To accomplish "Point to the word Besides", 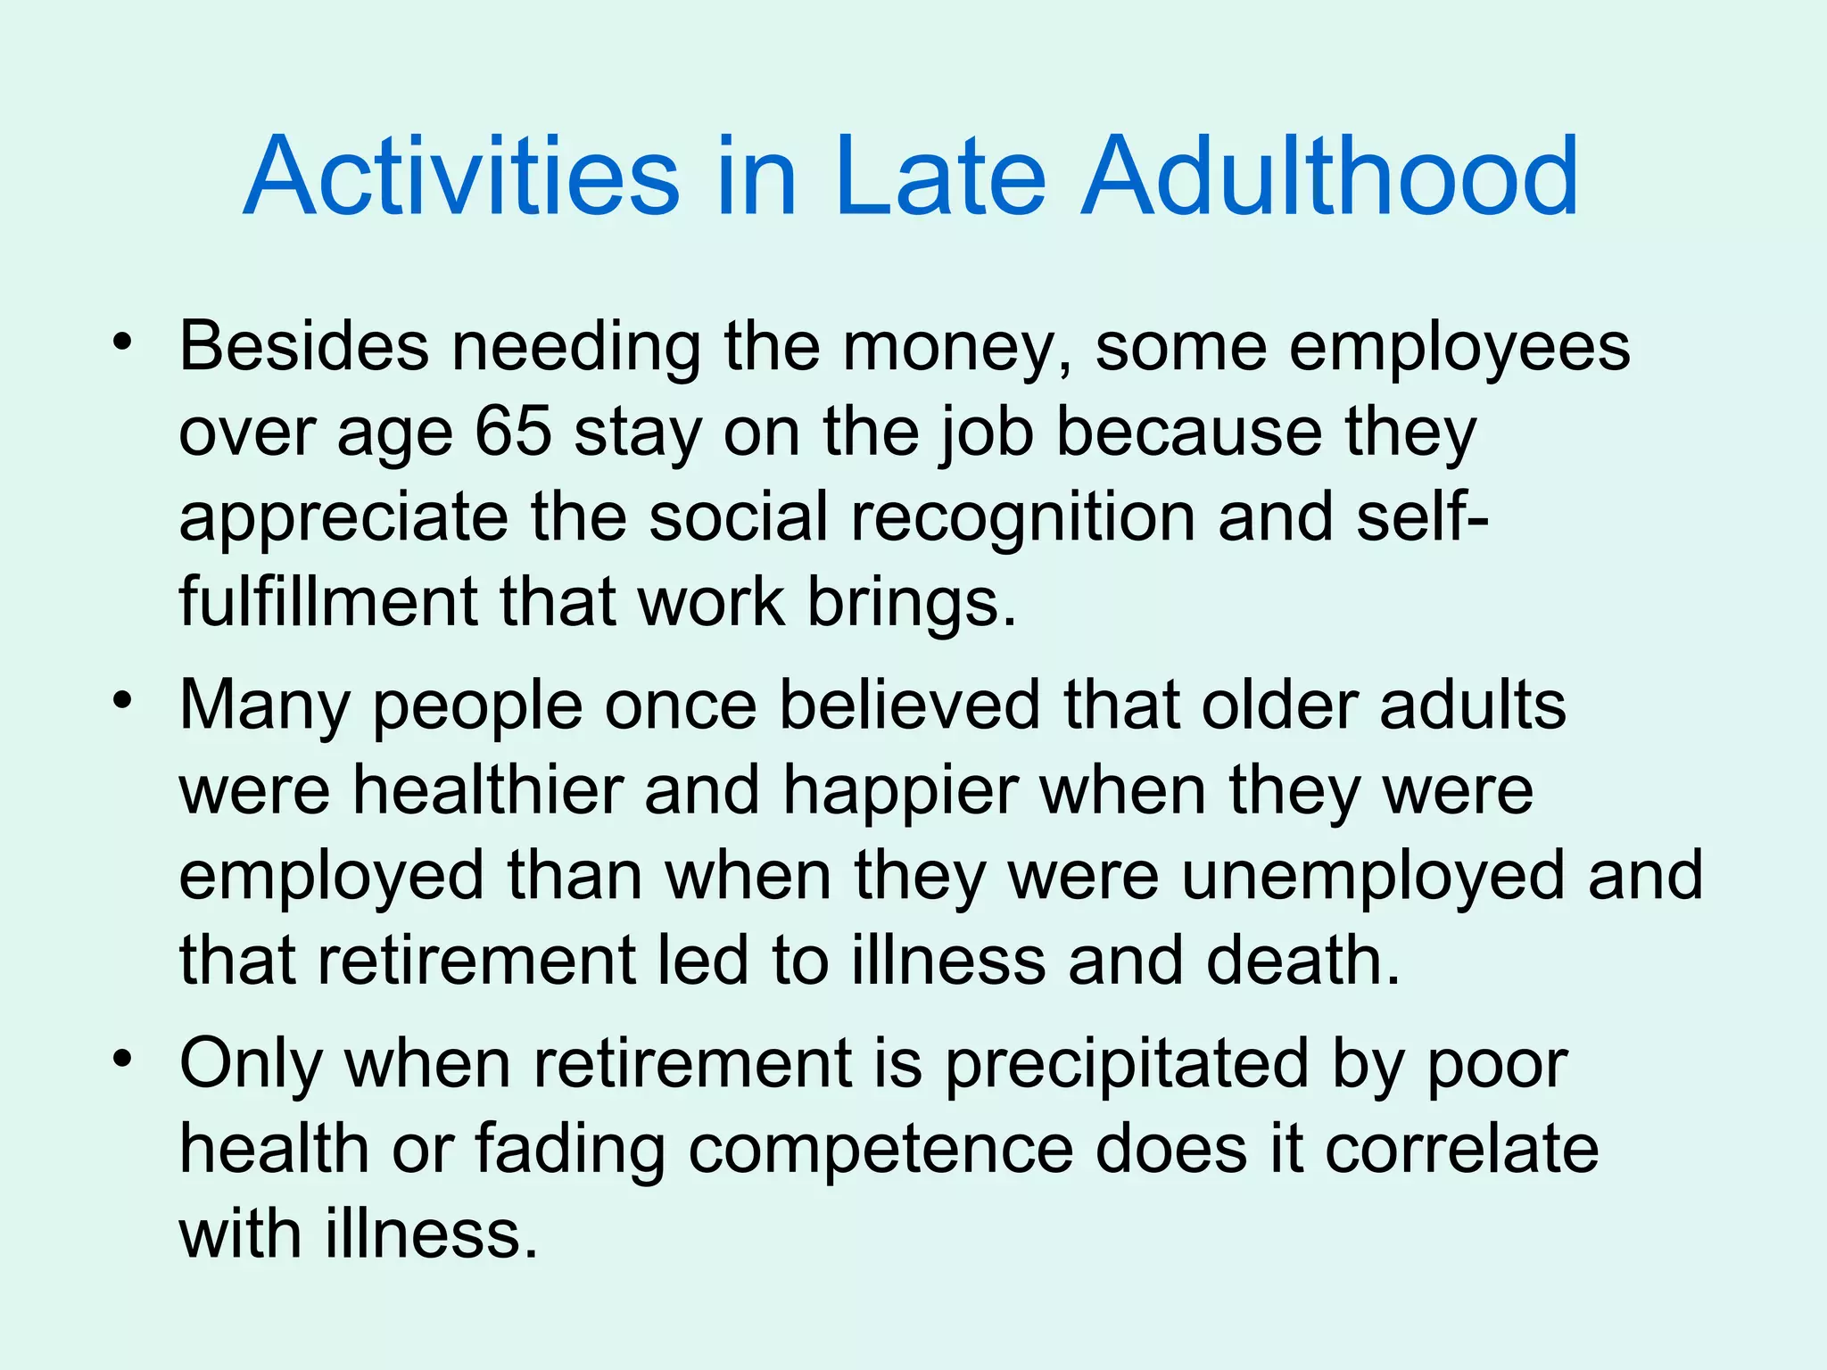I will coord(304,346).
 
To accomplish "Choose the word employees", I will coord(1459,348).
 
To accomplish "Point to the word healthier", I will coord(488,791).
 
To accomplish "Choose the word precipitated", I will coord(1126,1064).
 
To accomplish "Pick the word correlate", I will coord(1461,1150).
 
